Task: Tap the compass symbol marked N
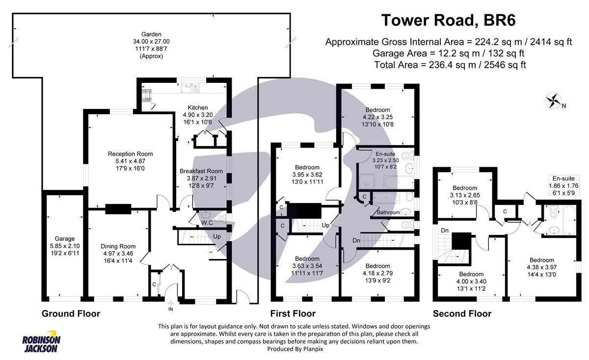553,102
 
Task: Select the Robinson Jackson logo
41,344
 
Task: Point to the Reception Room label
130,154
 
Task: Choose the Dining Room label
118,246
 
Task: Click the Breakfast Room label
201,171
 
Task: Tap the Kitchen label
198,107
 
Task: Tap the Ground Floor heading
71,313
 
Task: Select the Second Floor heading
461,313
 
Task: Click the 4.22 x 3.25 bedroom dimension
377,117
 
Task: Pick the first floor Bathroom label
388,213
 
